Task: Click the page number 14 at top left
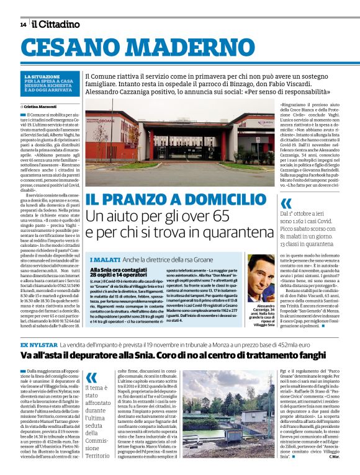pyautogui.click(x=23, y=25)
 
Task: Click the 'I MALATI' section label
pyautogui.click(x=105, y=259)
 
